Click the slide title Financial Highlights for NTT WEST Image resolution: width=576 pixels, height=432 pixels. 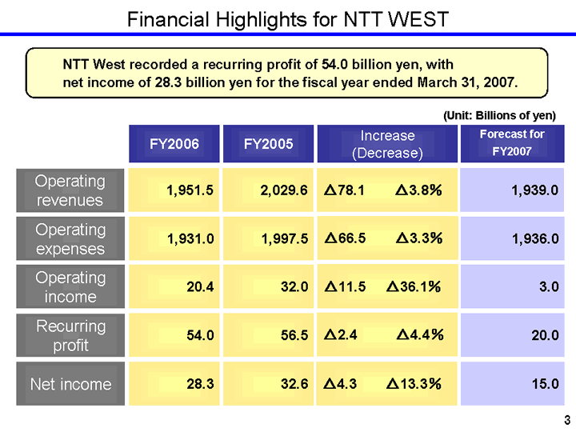[x=288, y=18]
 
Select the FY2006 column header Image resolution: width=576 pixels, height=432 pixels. [x=174, y=144]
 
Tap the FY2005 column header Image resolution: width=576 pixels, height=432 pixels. [x=268, y=144]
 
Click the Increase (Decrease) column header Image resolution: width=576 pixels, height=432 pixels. [x=387, y=144]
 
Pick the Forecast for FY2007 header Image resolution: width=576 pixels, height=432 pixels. [x=512, y=142]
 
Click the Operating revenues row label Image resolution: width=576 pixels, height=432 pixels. [x=70, y=190]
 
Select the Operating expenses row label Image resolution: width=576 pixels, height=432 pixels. [x=70, y=239]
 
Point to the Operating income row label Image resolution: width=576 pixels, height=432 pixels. [x=70, y=287]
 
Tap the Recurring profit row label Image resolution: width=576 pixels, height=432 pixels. [x=70, y=336]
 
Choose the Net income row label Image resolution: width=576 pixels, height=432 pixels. [x=70, y=384]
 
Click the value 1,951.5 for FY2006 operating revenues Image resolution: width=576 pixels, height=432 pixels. [x=190, y=190]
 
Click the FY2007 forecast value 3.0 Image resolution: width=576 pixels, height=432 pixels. [x=549, y=287]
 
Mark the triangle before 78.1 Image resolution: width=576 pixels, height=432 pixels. [x=330, y=190]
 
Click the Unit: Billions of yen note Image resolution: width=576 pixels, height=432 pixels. [x=499, y=115]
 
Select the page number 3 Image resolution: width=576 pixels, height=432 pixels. [x=566, y=420]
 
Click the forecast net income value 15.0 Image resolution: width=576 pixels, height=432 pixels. [x=545, y=384]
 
